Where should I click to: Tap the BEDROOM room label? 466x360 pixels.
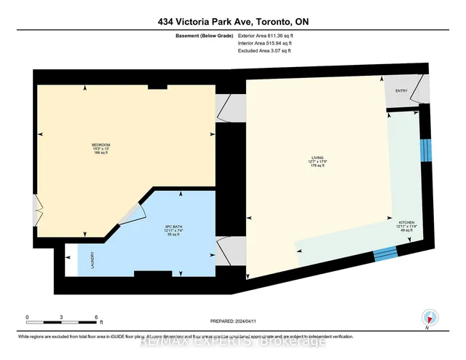(x=100, y=144)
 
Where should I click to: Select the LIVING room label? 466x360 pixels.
(x=317, y=156)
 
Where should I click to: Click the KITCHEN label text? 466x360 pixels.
(x=406, y=221)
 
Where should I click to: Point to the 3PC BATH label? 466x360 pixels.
(x=173, y=227)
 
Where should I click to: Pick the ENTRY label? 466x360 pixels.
(x=401, y=90)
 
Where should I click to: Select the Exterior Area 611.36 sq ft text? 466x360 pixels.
(x=268, y=36)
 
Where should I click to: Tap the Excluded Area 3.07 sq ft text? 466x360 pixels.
(x=266, y=52)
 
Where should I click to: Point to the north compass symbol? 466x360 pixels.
(x=431, y=317)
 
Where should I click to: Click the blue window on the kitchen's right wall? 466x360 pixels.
(x=427, y=152)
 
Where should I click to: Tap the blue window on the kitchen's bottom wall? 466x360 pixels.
(x=385, y=253)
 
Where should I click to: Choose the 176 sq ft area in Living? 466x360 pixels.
(x=317, y=166)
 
